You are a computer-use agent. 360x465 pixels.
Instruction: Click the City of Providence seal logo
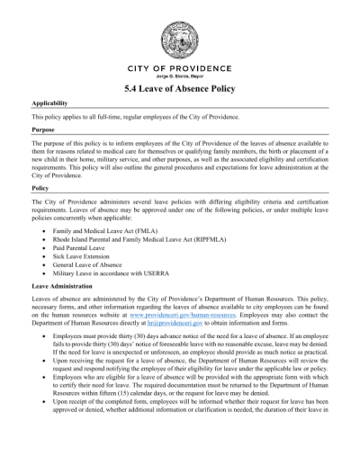click(x=180, y=40)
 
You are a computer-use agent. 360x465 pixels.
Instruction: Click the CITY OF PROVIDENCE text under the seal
click(x=180, y=70)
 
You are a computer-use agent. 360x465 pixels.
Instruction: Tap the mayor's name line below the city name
click(x=180, y=78)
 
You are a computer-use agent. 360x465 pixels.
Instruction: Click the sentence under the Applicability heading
click(x=135, y=117)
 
